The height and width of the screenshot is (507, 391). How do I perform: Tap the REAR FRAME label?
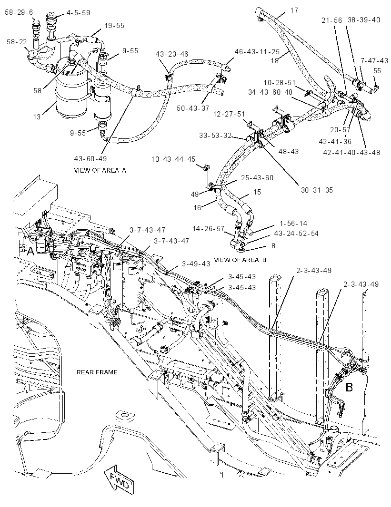pos(97,372)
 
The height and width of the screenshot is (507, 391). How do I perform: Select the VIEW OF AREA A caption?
pos(100,170)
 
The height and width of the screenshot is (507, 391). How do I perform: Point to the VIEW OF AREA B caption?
pos(240,260)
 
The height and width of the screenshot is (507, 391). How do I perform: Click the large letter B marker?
pos(349,387)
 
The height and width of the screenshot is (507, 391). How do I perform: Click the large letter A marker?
pos(30,251)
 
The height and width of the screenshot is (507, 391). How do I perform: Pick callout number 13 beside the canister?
pos(37,117)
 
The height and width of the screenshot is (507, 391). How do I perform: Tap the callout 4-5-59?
pos(78,13)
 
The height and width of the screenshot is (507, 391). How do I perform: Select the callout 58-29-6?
pos(19,12)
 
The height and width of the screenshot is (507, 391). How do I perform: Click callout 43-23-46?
pos(171,54)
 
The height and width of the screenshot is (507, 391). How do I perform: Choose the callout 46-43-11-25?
pos(257,51)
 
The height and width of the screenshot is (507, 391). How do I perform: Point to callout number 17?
pos(294,10)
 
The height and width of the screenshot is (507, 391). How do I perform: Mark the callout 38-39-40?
pos(364,19)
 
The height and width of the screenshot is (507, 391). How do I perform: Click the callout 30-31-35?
pos(317,190)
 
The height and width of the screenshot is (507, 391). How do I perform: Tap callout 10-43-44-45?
pos(173,159)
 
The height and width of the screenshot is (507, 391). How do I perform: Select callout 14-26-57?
pos(209,229)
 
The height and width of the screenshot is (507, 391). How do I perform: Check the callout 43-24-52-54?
pos(296,233)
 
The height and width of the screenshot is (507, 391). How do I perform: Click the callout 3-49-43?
pos(196,263)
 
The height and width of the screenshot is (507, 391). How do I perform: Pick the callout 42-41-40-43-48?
pos(351,152)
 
